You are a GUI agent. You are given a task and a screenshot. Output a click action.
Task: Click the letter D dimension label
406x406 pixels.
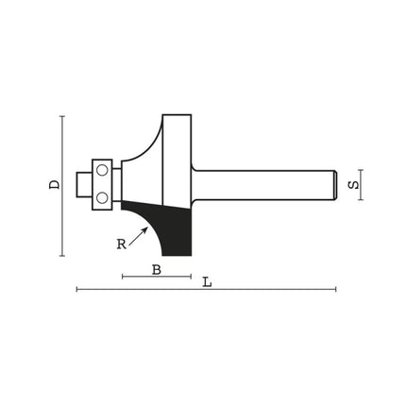coord(55,184)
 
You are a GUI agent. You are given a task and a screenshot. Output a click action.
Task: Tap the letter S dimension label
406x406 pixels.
coord(353,184)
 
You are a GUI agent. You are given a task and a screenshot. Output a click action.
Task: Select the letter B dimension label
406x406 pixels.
coord(157,270)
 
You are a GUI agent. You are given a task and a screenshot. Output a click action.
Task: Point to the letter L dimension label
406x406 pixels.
coord(207,282)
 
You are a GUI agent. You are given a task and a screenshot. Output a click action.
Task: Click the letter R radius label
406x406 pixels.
coord(122,245)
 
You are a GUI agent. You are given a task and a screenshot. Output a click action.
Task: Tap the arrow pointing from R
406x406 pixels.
coord(138,236)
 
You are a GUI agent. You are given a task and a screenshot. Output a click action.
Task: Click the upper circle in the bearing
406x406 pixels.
coord(102,171)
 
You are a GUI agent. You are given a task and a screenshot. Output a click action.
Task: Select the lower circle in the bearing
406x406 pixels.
coord(102,198)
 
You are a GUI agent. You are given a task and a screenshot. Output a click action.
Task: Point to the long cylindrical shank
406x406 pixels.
coord(263,185)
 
